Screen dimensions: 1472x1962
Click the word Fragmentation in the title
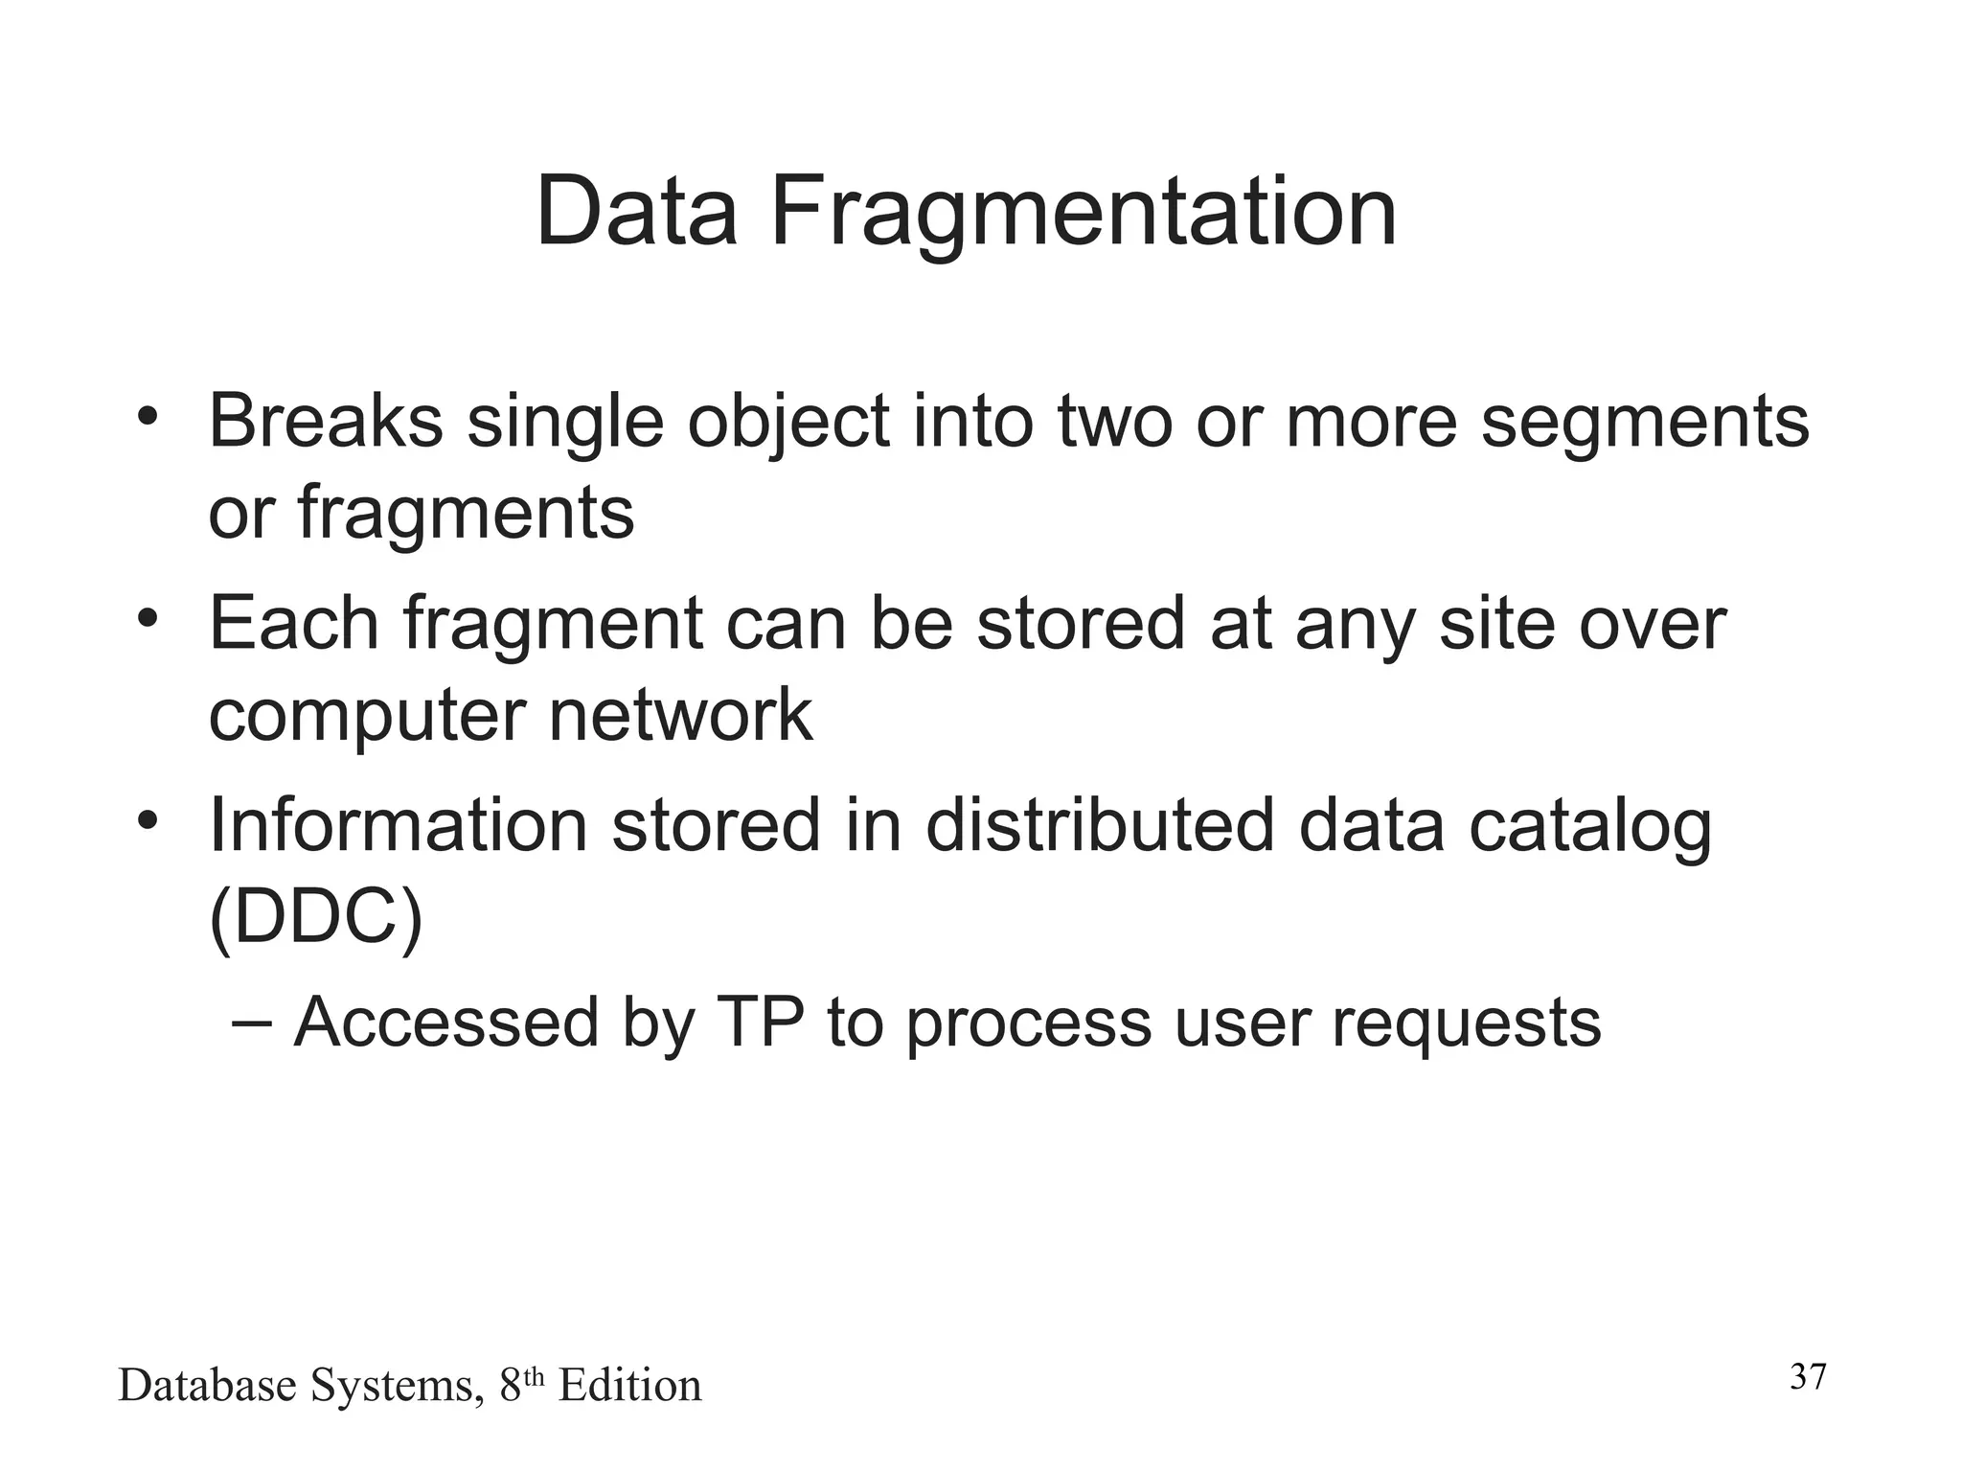coord(1083,213)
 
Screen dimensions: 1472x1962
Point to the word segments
coord(1645,424)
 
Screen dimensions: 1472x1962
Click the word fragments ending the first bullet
coord(466,514)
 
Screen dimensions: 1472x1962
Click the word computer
coord(367,716)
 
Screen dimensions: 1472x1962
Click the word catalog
coord(1589,826)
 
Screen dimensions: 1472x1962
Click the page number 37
coord(1808,1377)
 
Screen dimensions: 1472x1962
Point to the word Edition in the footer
coord(629,1386)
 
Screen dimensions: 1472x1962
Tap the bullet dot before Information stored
coord(146,820)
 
